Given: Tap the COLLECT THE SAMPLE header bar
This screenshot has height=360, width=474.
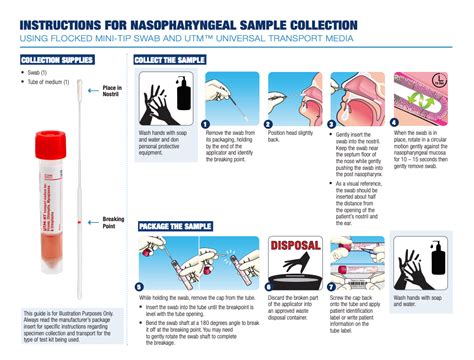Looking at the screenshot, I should coord(171,60).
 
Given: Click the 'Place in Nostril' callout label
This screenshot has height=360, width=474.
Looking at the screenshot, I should coord(112,92).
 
